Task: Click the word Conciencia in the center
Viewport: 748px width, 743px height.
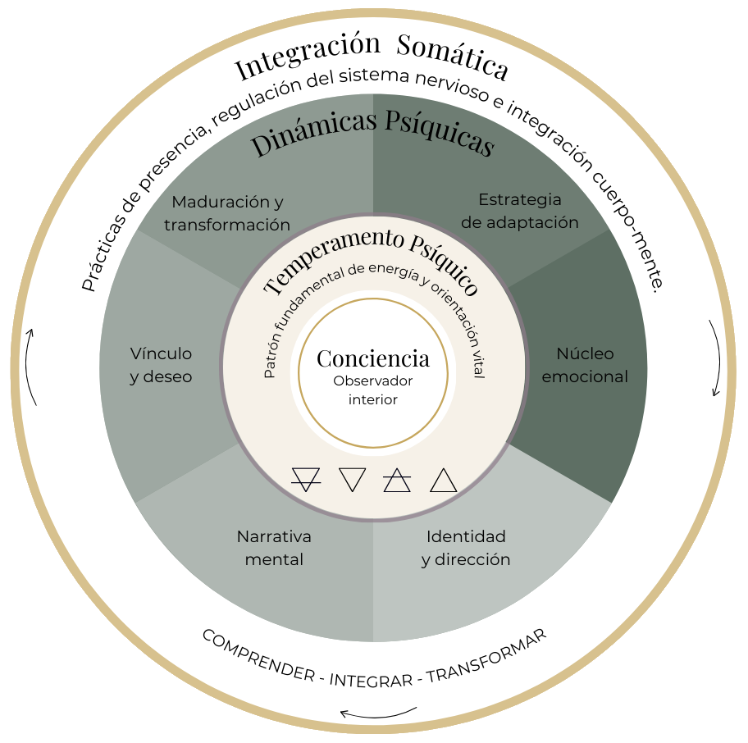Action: (x=373, y=358)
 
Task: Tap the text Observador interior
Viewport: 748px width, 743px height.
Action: (x=373, y=390)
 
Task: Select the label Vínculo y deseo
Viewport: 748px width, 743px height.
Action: (x=162, y=365)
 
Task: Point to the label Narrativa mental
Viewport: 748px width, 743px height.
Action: (x=274, y=548)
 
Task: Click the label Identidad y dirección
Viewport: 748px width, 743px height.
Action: (x=466, y=548)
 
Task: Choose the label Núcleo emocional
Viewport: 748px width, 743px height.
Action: (x=585, y=365)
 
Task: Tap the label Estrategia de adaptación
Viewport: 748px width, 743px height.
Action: (x=520, y=211)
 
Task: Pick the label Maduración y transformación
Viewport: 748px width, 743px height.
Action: (x=227, y=212)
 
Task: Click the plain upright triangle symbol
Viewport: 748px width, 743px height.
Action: (x=443, y=481)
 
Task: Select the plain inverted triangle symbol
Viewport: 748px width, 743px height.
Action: (x=352, y=479)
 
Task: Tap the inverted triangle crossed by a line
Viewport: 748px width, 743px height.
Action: (x=306, y=479)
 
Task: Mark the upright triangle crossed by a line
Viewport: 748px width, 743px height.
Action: (x=397, y=481)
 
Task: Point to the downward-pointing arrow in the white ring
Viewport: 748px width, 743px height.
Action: (x=716, y=358)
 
